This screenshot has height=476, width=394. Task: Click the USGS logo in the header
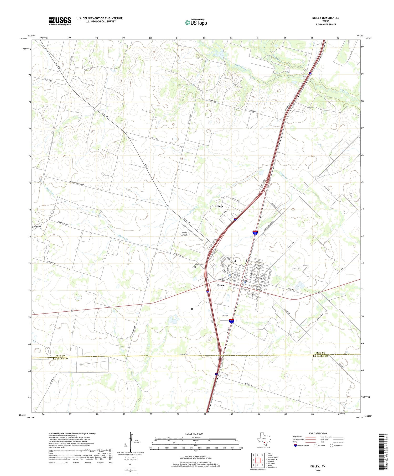pyautogui.click(x=60, y=21)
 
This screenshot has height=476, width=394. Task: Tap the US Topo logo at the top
pyautogui.click(x=196, y=23)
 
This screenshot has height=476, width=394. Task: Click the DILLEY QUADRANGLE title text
pyautogui.click(x=325, y=18)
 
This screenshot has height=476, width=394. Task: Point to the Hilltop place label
pyautogui.click(x=219, y=207)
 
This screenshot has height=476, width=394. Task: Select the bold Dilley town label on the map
pyautogui.click(x=220, y=285)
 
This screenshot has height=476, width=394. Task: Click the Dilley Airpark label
pyautogui.click(x=184, y=234)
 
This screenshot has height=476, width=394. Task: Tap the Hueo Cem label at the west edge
pyautogui.click(x=37, y=227)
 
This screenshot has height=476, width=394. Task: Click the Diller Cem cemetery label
pyautogui.click(x=199, y=264)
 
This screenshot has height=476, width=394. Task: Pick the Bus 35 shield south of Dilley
pyautogui.click(x=231, y=321)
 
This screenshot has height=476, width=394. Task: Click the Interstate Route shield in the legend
pyautogui.click(x=295, y=445)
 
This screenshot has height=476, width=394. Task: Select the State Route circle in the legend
pyautogui.click(x=331, y=445)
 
